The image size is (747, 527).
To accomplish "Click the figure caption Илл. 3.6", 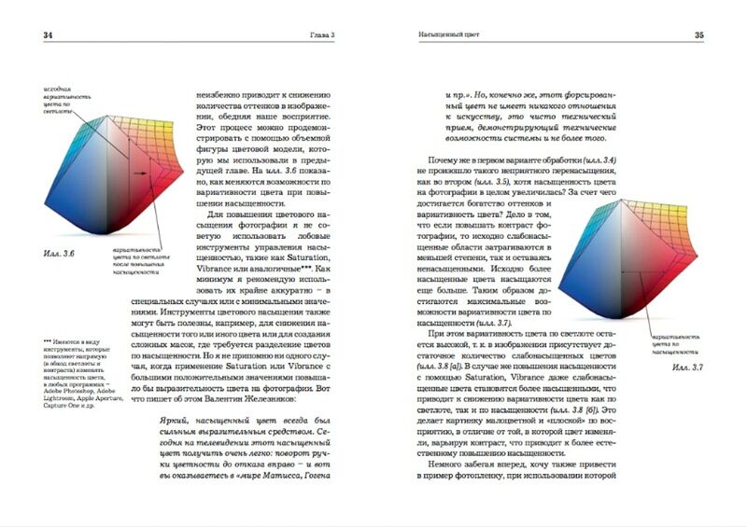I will pyautogui.click(x=59, y=253).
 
